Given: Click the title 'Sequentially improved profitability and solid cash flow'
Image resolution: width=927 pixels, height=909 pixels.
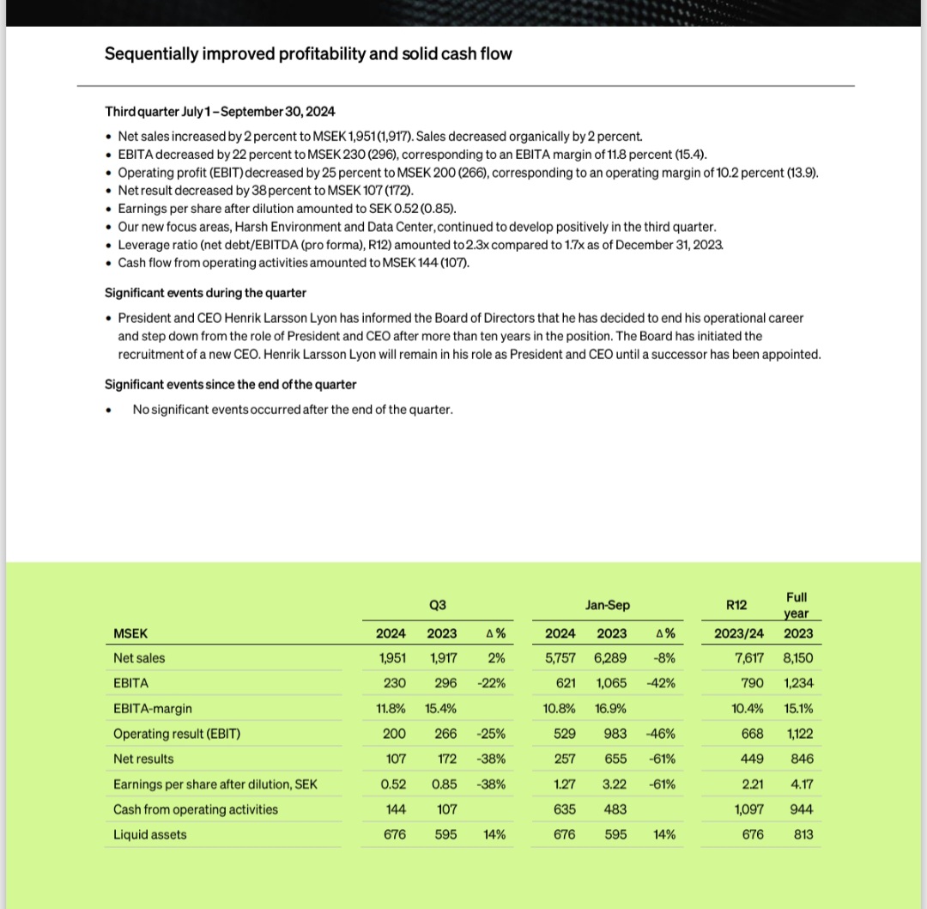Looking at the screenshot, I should (x=308, y=54).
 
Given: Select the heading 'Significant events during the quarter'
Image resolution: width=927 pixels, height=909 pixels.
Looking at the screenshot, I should (x=205, y=293).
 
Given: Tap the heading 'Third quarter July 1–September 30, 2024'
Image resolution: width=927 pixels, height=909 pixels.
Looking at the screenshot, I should (x=220, y=112).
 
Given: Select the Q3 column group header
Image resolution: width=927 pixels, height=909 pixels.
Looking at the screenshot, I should (x=437, y=605).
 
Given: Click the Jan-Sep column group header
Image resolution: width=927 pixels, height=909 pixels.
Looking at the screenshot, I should (x=607, y=605).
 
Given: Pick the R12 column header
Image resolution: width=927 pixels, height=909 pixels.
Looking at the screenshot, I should (x=736, y=605).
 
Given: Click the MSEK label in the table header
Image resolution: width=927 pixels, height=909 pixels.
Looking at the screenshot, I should (x=130, y=634).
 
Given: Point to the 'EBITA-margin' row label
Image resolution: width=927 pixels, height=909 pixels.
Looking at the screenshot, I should (x=153, y=709).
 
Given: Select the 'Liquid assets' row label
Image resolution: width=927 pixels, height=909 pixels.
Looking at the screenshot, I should (x=149, y=834).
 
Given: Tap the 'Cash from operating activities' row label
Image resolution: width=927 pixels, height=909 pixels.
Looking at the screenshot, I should (x=196, y=809).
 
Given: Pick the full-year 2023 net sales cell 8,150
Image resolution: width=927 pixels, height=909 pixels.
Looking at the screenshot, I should (x=797, y=658).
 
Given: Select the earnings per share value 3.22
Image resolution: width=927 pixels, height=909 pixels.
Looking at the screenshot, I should (x=613, y=784).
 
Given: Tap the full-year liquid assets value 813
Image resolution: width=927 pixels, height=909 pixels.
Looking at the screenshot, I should (x=803, y=834).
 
